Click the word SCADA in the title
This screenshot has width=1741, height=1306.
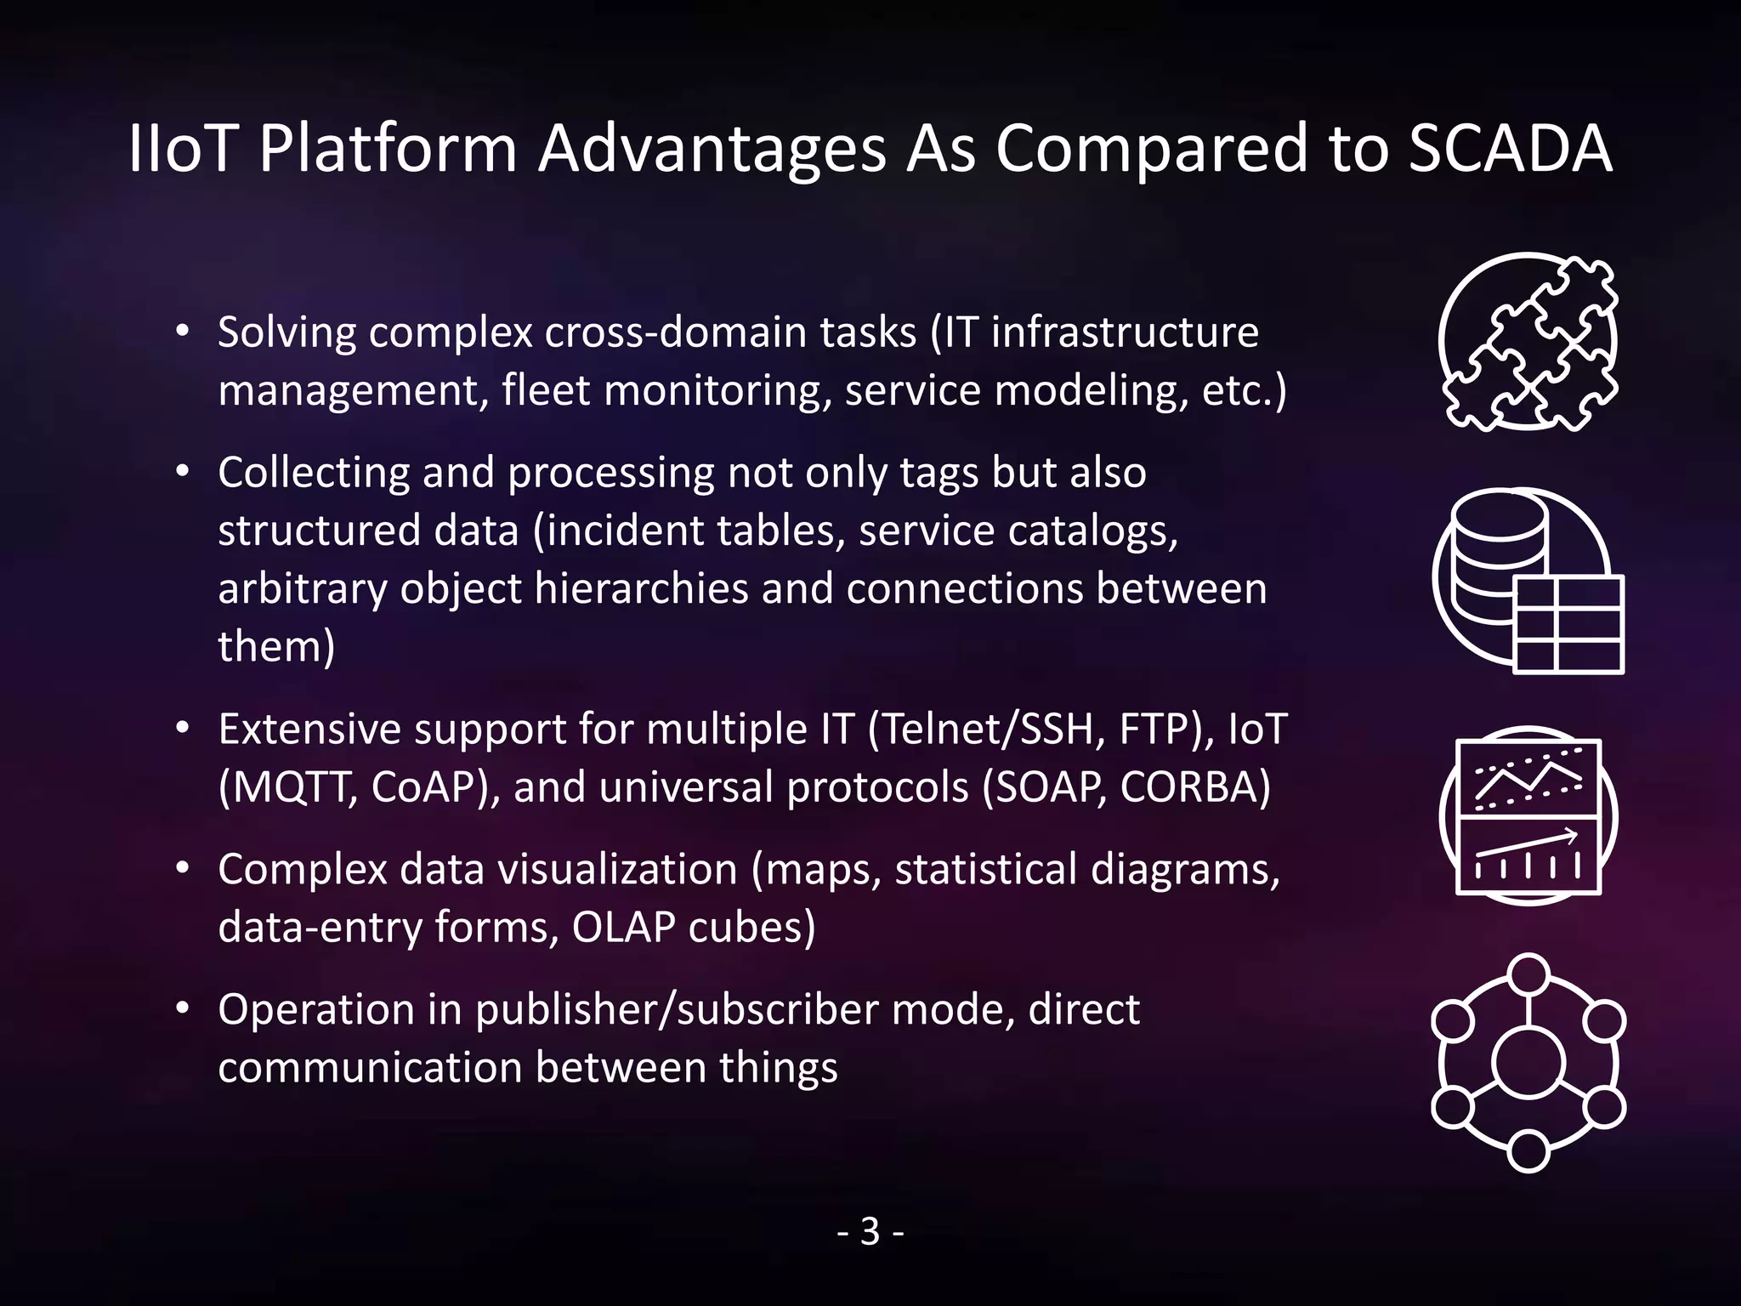1510,150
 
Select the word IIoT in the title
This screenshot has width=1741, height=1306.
181,150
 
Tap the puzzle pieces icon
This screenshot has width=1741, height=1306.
1528,342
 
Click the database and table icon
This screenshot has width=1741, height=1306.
1528,580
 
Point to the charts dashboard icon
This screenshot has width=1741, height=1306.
1528,816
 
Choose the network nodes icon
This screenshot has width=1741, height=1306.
1528,1063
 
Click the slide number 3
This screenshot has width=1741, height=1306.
870,1231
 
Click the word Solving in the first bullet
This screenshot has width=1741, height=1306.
286,332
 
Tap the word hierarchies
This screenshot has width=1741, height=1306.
641,588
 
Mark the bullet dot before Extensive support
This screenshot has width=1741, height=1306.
182,730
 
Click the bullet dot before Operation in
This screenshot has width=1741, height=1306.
182,1009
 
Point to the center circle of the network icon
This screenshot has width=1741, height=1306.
1528,1064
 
